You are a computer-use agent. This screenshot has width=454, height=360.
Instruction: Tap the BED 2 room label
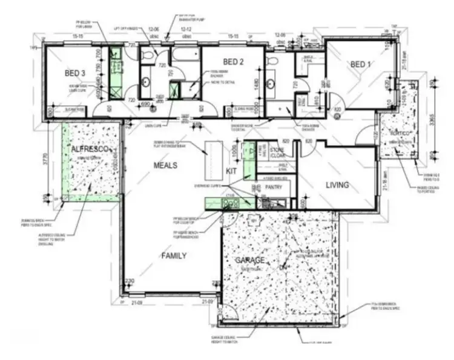(233, 62)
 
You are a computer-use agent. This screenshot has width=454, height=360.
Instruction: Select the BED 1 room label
(359, 64)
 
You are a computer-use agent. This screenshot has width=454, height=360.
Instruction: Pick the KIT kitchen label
(231, 171)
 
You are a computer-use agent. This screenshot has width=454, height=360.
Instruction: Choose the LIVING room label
(338, 185)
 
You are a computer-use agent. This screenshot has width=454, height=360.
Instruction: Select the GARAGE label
(249, 260)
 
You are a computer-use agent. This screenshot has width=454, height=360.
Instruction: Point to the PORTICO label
(400, 133)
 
